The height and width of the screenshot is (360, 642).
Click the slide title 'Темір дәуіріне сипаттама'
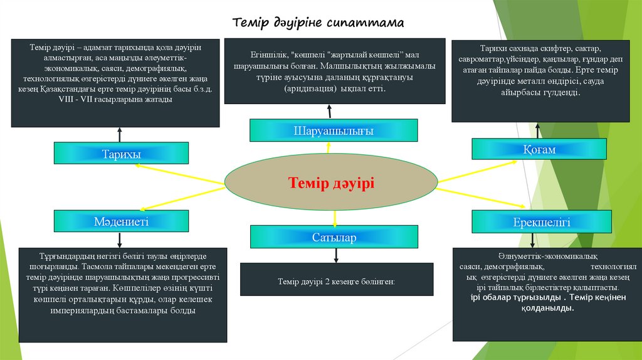click(318, 23)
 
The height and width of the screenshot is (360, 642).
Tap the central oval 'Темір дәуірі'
click(331, 183)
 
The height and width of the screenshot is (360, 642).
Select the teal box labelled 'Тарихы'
click(121, 154)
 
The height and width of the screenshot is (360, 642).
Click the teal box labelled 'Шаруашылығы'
click(334, 130)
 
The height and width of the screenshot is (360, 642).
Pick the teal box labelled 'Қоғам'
click(539, 149)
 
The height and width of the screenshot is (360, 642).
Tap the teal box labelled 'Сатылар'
click(334, 237)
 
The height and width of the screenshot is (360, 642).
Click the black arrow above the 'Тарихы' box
click(120, 135)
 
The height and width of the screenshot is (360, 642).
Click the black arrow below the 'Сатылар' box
click(337, 255)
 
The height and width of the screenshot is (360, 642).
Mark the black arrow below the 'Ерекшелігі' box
click(532, 240)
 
